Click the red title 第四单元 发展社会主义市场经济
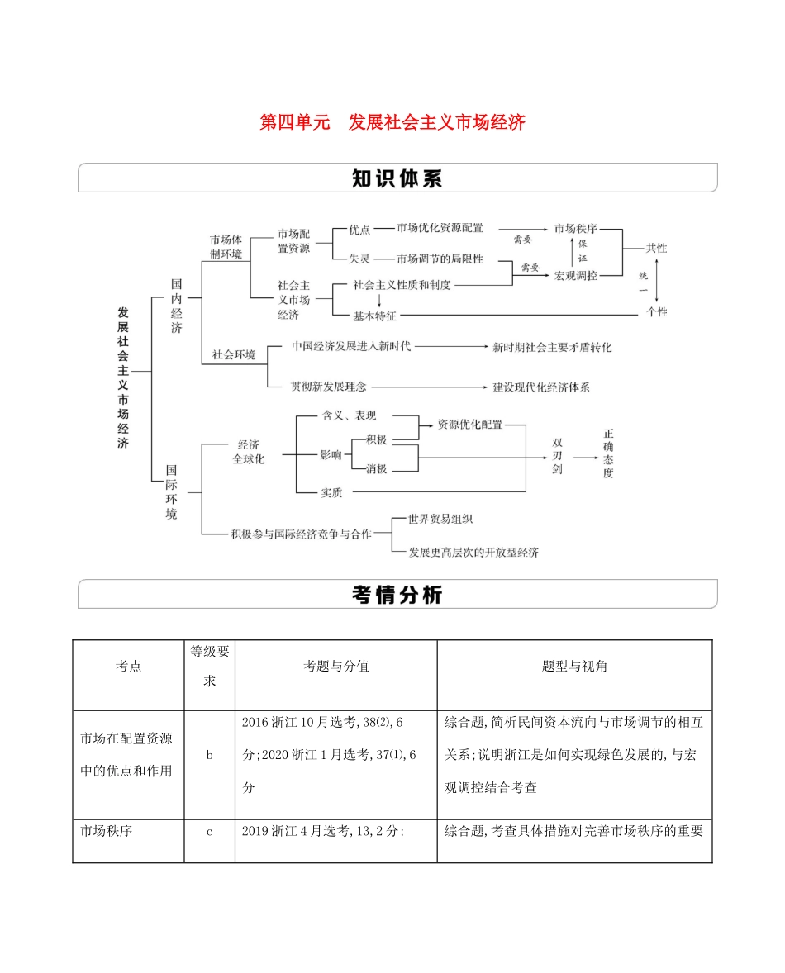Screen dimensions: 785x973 coord(392,123)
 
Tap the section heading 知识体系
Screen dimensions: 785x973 coord(397,179)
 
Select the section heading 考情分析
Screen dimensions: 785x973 coord(397,594)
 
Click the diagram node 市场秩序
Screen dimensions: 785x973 coord(575,229)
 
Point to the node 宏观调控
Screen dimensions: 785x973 coord(575,275)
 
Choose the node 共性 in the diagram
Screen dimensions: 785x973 coord(657,249)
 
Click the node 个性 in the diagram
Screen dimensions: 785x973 coord(657,313)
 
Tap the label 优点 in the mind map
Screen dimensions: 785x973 coord(359,229)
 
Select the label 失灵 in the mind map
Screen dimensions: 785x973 coord(359,258)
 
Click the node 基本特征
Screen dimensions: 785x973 coord(375,315)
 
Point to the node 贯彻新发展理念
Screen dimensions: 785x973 coord(329,386)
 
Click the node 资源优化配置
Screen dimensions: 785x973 coord(469,425)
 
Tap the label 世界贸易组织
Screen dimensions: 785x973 coord(440,519)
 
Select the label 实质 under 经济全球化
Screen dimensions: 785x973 coord(331,493)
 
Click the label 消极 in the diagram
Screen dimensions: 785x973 coord(376,468)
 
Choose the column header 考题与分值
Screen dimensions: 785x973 coord(336,667)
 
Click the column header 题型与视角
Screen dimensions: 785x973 coord(574,667)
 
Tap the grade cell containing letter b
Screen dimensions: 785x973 coord(210,755)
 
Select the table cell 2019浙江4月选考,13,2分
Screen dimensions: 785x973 coord(322,832)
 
